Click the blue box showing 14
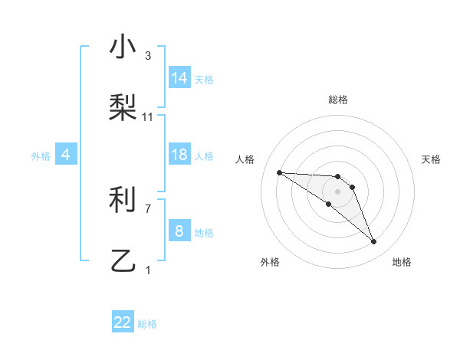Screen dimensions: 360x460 [x=179, y=78]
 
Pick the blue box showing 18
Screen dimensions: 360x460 [x=179, y=155]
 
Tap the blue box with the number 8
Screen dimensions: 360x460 [x=179, y=231]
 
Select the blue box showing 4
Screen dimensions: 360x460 [x=66, y=155]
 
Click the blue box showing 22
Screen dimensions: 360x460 [x=123, y=322]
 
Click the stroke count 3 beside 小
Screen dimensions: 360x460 [x=148, y=56]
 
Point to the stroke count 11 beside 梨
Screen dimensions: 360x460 [x=148, y=116]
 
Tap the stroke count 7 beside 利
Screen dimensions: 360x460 [x=148, y=208]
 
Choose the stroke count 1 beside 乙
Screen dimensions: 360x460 [x=148, y=270]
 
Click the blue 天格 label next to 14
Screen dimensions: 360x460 [x=204, y=80]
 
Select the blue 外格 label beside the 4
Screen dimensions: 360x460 [x=41, y=156]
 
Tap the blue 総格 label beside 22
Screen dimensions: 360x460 [x=147, y=324]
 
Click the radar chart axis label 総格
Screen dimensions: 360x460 [x=337, y=100]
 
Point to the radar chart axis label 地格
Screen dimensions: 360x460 [x=402, y=262]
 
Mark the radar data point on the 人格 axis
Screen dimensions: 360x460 [x=279, y=172]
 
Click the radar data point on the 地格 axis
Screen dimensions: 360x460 [x=373, y=242]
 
